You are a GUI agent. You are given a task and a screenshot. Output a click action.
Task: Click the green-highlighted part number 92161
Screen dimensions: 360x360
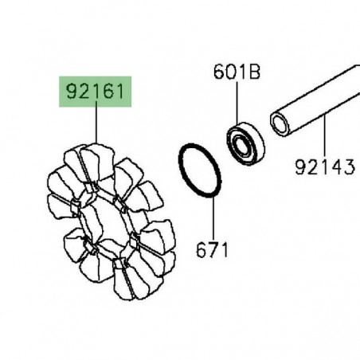[95, 92]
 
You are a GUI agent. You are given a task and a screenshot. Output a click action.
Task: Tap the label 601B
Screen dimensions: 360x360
[237, 72]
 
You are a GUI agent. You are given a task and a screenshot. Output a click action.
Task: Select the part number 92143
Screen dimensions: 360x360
[325, 166]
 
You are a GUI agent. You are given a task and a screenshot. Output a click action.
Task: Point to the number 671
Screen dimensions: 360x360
[212, 249]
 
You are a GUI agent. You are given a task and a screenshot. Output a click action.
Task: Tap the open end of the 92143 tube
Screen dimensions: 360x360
[280, 124]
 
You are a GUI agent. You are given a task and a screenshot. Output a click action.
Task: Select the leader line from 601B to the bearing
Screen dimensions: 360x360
[237, 102]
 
